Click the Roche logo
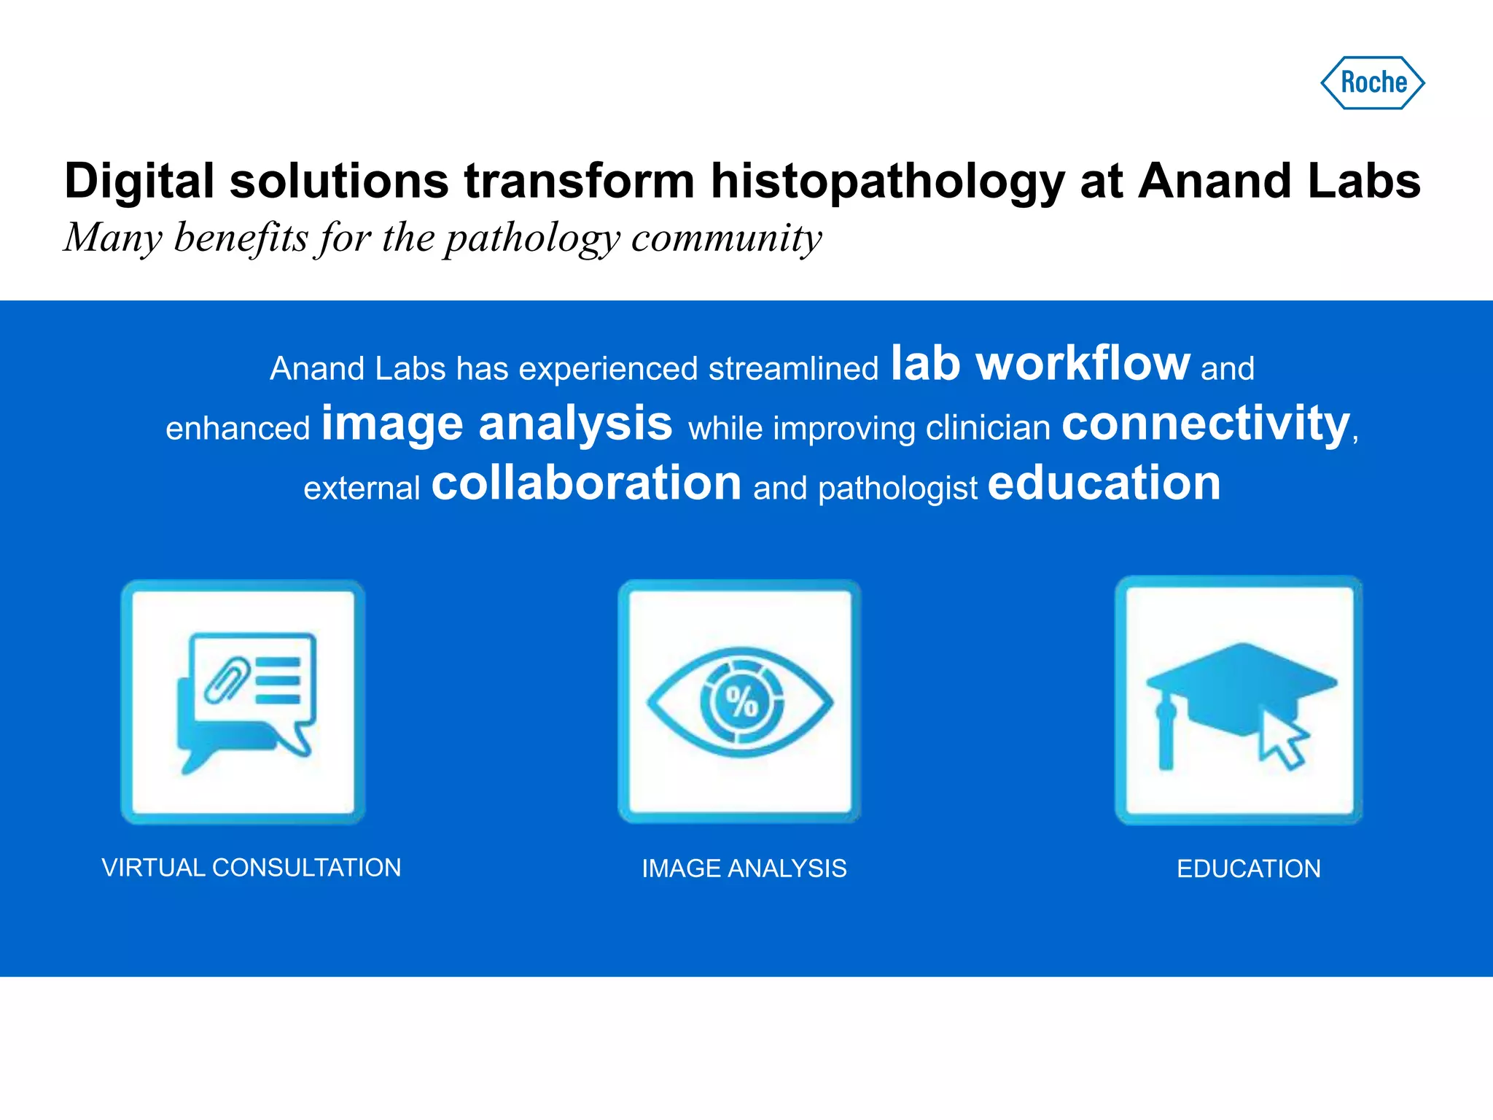[1373, 82]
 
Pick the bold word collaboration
[586, 483]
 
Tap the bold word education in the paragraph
[1104, 483]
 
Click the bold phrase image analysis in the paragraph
[496, 424]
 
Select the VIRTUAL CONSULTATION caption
[252, 868]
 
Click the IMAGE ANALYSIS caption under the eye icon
[744, 868]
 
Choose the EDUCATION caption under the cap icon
[1248, 868]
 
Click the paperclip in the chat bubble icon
[227, 680]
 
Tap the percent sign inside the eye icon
[741, 702]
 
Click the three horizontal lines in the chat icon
[278, 680]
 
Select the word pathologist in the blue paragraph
[897, 489]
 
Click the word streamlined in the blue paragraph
[793, 369]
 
